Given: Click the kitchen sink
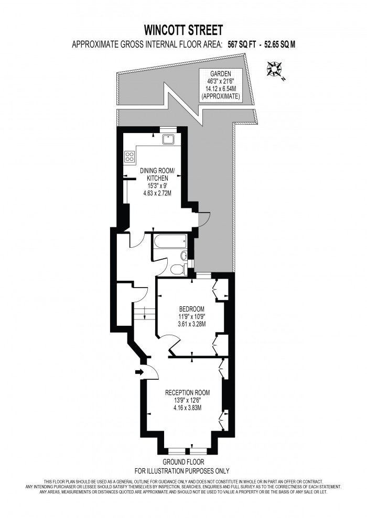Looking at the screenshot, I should click(168, 139).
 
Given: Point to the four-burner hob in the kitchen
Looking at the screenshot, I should click(129, 156).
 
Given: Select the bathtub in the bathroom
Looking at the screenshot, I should click(168, 243).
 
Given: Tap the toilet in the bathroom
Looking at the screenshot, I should click(177, 269).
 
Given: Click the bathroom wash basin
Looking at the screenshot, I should click(183, 256).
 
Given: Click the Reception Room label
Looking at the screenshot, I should click(187, 392).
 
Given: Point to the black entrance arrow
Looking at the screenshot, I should click(138, 372).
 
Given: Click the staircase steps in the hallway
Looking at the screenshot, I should click(143, 313).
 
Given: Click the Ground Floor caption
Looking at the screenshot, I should click(182, 462).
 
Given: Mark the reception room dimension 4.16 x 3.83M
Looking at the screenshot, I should click(187, 407).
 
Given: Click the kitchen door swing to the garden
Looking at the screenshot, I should click(197, 220).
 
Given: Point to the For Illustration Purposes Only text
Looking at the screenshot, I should click(182, 470).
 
